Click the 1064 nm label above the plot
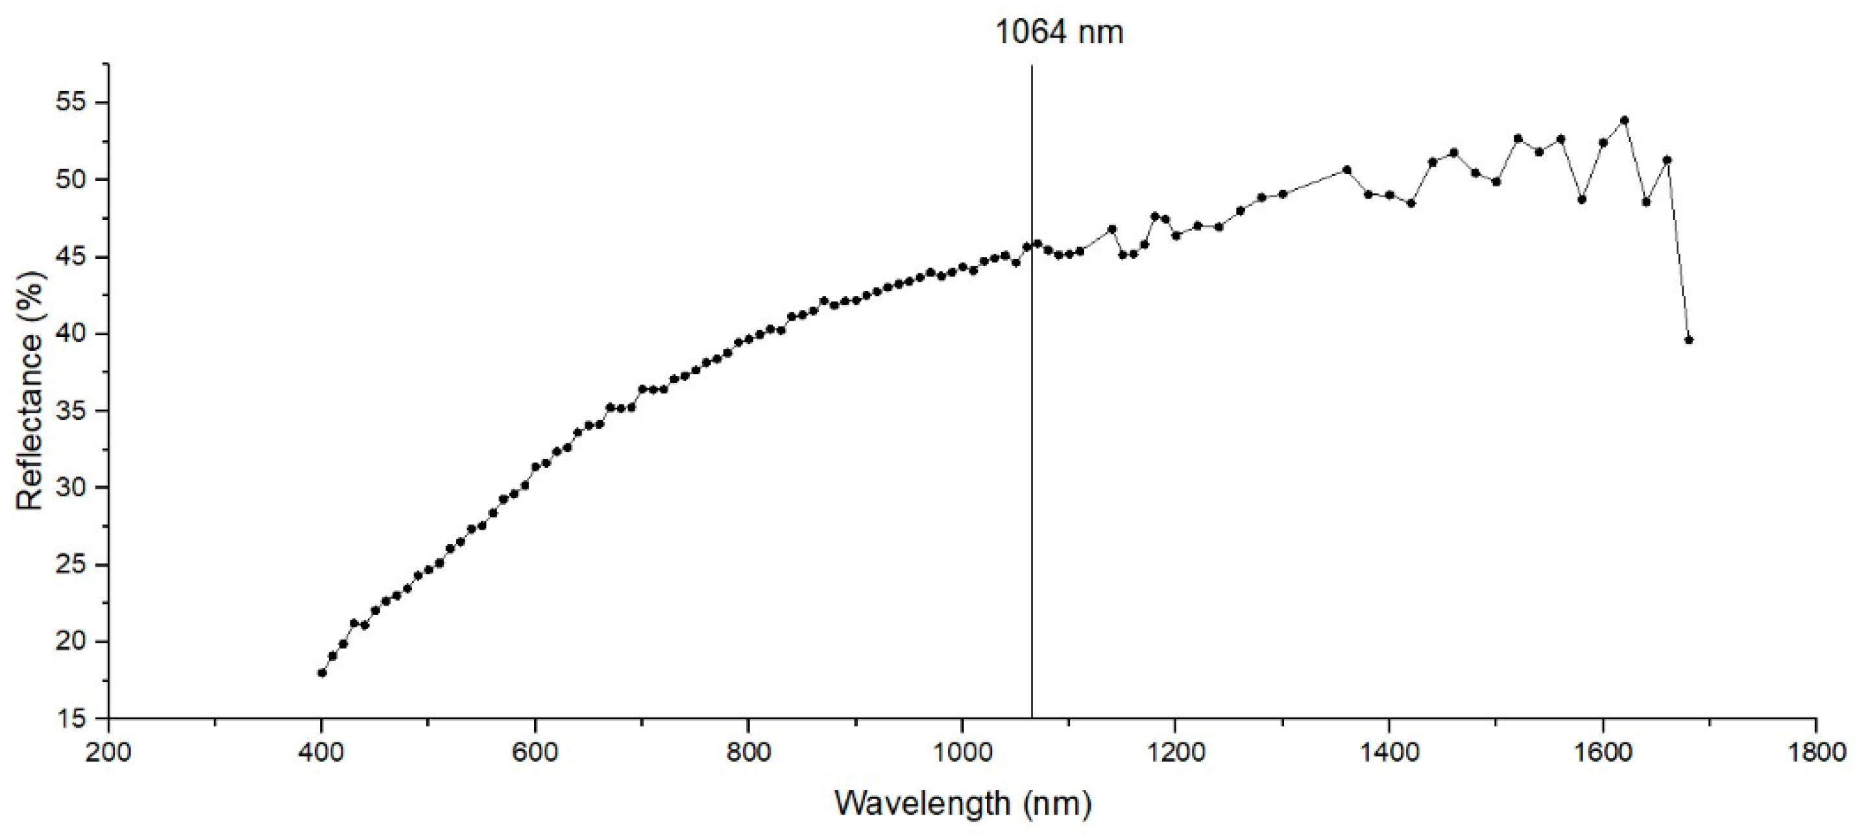1058,32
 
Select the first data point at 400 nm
322,673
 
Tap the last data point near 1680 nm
1689,340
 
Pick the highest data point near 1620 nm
1624,120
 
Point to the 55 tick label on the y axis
71,103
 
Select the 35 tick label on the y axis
71,411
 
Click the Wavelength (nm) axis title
963,803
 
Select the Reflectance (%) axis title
30,390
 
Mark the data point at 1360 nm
1346,170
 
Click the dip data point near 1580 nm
1581,199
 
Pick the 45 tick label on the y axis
71,257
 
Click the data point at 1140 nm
1112,229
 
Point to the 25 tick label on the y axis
71,565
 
